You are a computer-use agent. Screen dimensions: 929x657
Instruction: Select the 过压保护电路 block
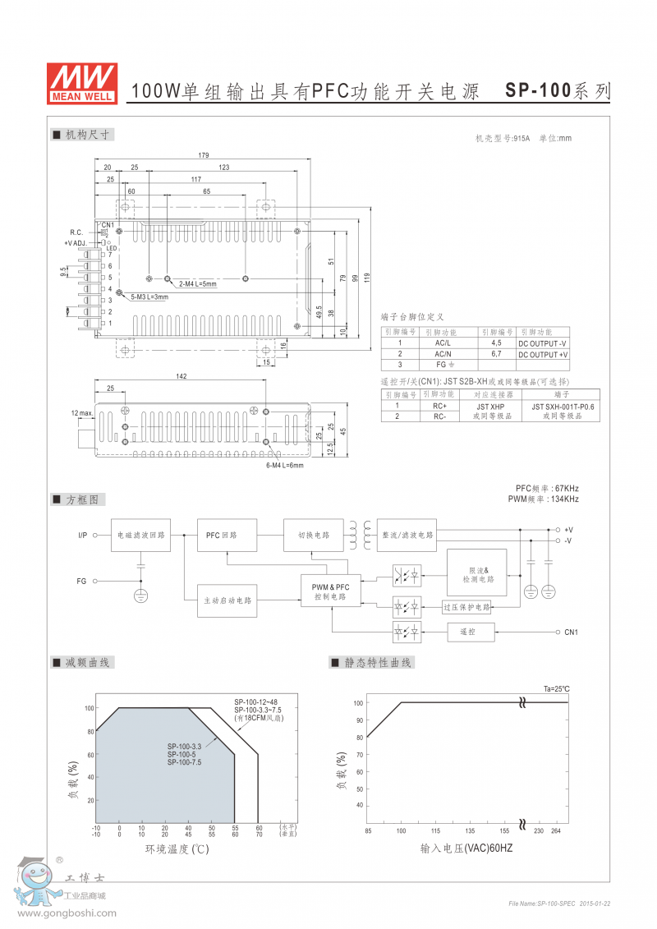tap(466, 607)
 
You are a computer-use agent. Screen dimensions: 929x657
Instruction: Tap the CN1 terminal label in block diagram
tap(571, 632)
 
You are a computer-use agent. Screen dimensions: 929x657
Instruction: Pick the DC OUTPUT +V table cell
tap(543, 354)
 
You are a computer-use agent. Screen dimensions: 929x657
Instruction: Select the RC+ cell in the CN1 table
tap(439, 406)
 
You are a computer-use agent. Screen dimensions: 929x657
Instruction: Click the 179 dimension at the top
tap(204, 155)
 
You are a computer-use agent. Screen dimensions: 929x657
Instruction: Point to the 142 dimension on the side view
tap(181, 377)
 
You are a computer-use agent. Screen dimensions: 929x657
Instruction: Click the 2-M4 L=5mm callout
tap(197, 283)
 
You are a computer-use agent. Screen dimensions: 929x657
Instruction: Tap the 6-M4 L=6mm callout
tap(284, 465)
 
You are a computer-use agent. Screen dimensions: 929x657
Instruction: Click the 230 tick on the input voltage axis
tap(539, 830)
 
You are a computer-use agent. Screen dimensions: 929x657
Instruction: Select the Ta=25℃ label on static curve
tap(556, 688)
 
